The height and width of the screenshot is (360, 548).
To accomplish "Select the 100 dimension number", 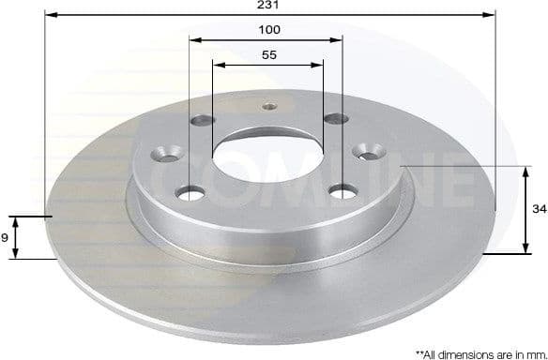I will tap(270, 30).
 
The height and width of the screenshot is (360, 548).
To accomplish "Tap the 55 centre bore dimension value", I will tap(269, 55).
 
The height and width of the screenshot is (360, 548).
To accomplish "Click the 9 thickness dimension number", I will tap(6, 238).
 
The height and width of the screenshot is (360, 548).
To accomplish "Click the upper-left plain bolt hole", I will tap(202, 120).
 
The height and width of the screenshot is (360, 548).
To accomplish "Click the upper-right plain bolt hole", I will tap(333, 118).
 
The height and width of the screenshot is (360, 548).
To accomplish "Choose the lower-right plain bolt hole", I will tap(343, 191).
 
